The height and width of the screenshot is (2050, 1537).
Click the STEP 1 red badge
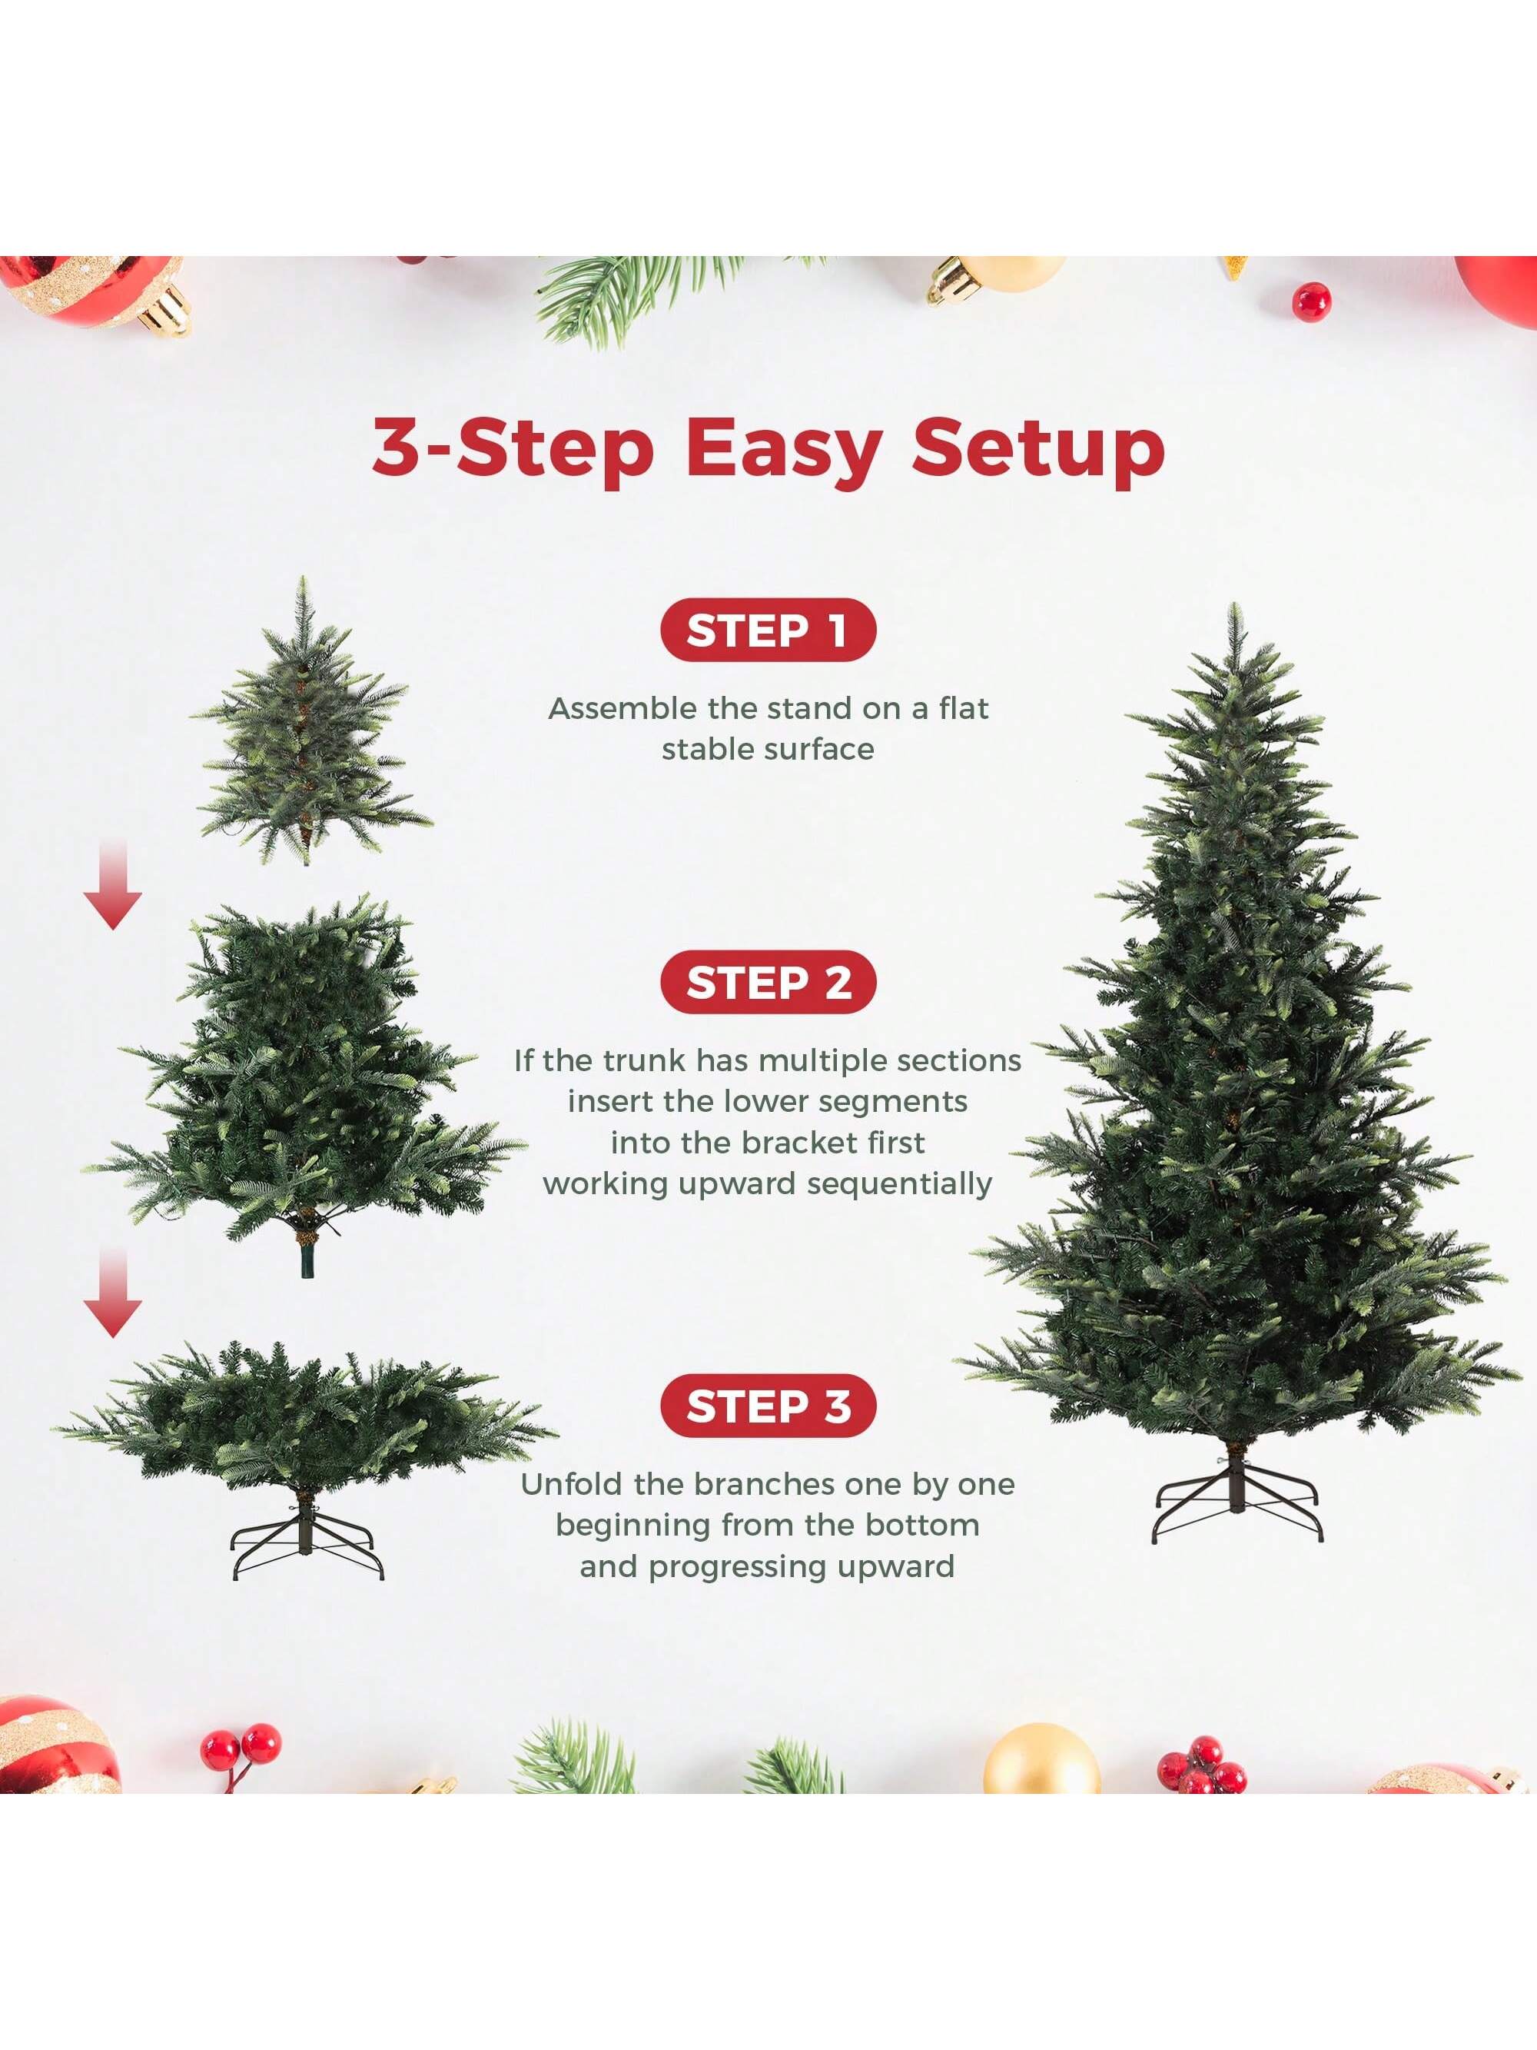pos(767,631)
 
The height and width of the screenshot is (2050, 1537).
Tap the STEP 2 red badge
pos(767,983)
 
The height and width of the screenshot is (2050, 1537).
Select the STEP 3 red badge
pos(767,1406)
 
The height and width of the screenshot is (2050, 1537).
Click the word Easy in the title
pos(783,450)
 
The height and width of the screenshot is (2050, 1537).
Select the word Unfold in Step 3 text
pos(572,1485)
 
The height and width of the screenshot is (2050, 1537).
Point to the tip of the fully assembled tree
pos(1234,611)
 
